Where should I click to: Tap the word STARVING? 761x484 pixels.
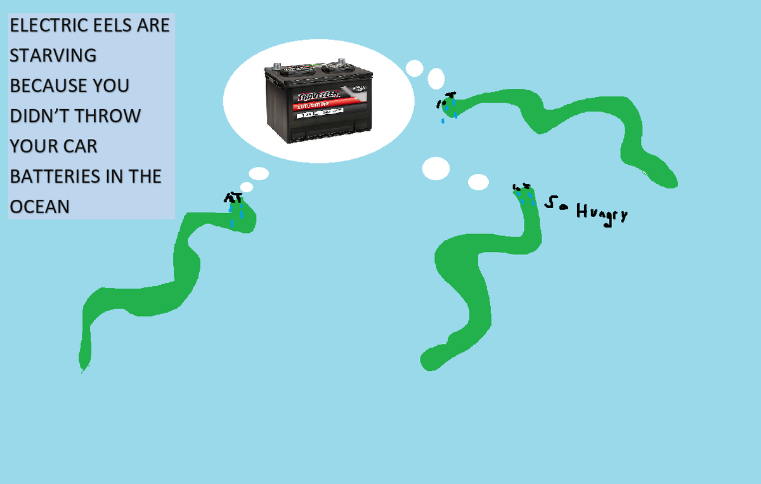pyautogui.click(x=53, y=56)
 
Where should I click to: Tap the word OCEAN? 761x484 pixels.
pyautogui.click(x=39, y=206)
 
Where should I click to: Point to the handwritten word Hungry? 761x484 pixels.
pyautogui.click(x=602, y=214)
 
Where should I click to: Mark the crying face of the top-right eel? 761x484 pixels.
pyautogui.click(x=448, y=105)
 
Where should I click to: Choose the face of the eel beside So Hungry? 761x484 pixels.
pyautogui.click(x=524, y=193)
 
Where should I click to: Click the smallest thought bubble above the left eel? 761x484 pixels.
pyautogui.click(x=247, y=187)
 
